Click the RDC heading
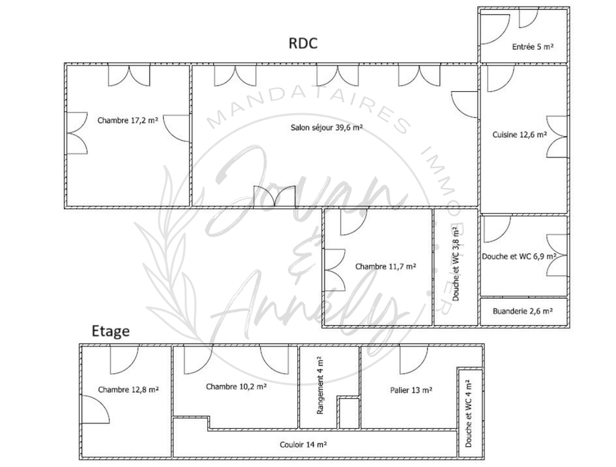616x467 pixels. (x=303, y=44)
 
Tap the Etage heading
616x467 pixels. (x=110, y=331)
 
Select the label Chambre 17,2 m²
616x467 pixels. (x=127, y=121)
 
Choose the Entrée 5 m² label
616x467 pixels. (x=532, y=47)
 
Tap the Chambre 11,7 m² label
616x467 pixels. (x=386, y=266)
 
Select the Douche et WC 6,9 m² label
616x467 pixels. (x=519, y=256)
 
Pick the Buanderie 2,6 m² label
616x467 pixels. (x=522, y=311)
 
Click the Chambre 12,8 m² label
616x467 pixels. (x=128, y=389)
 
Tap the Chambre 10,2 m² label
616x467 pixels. (x=236, y=387)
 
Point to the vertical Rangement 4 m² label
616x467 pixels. (x=320, y=385)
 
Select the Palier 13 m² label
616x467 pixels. (x=411, y=389)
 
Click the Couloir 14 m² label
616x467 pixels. (x=303, y=444)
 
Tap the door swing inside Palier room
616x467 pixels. (x=413, y=360)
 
